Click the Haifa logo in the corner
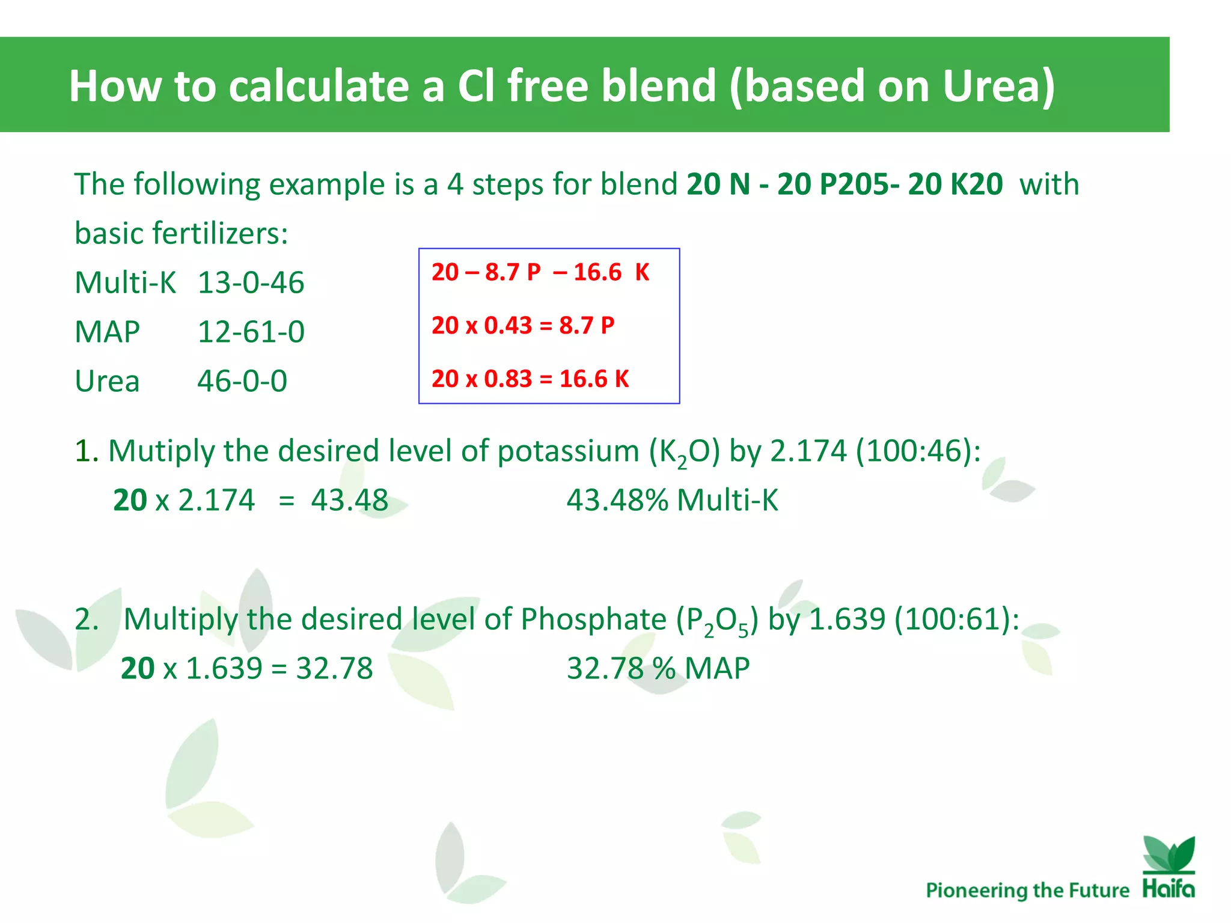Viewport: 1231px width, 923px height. [x=1168, y=868]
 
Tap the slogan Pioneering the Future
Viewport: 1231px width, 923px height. [x=1027, y=890]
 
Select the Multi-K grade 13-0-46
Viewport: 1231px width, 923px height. [x=251, y=282]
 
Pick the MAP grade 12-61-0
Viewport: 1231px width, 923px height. [x=251, y=332]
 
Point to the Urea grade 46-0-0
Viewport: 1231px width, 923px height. [x=242, y=381]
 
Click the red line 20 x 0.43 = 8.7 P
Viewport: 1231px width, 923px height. [x=523, y=325]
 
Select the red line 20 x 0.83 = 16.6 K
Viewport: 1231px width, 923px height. [x=530, y=379]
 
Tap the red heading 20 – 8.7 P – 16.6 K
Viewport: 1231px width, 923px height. [x=540, y=272]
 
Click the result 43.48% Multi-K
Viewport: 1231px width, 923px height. [x=672, y=500]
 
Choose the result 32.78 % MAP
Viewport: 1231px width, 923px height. [x=658, y=668]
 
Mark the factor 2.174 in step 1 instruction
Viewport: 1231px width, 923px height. [x=808, y=451]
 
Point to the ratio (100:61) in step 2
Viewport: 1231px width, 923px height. [x=956, y=619]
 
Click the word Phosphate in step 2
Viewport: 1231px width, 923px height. [x=593, y=619]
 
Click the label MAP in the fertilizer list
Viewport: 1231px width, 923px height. [x=107, y=332]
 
